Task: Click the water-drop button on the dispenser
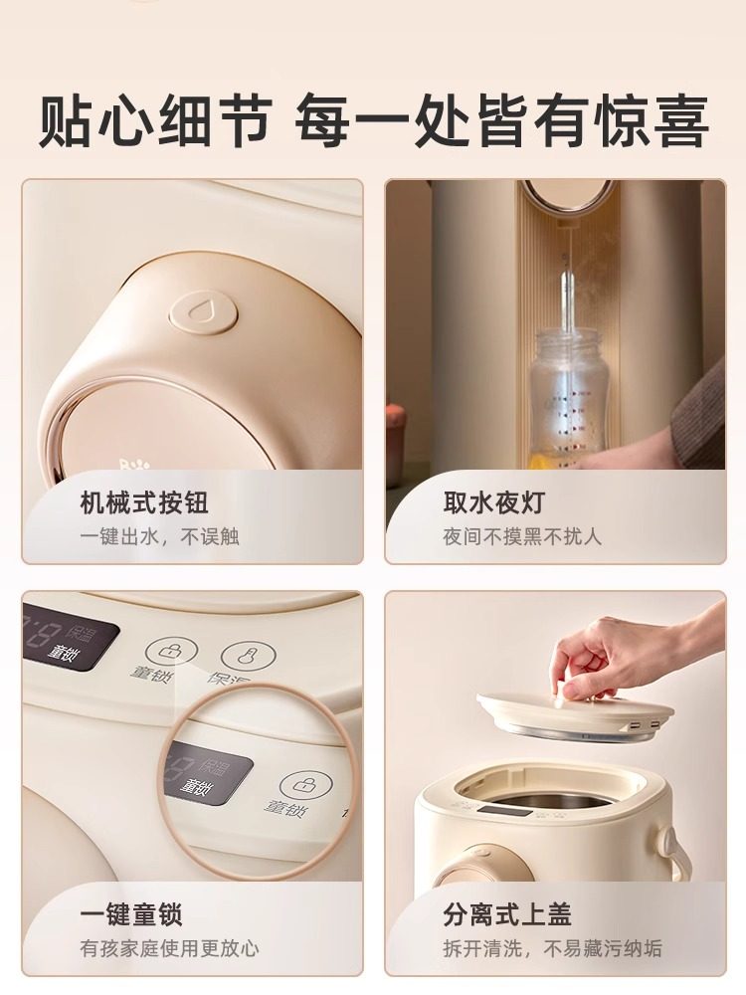click(x=203, y=310)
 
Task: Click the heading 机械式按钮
click(x=144, y=502)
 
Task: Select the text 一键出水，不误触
click(x=159, y=537)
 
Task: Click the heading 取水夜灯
click(x=494, y=502)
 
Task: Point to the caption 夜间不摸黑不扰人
click(x=522, y=537)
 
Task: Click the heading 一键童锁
click(x=131, y=914)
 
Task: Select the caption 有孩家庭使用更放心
click(x=169, y=949)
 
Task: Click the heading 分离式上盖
click(x=507, y=914)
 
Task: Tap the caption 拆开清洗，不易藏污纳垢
click(x=552, y=949)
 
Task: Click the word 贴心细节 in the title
click(x=154, y=121)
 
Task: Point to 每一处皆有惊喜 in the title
click(x=502, y=121)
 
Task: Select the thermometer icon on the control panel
click(x=242, y=655)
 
